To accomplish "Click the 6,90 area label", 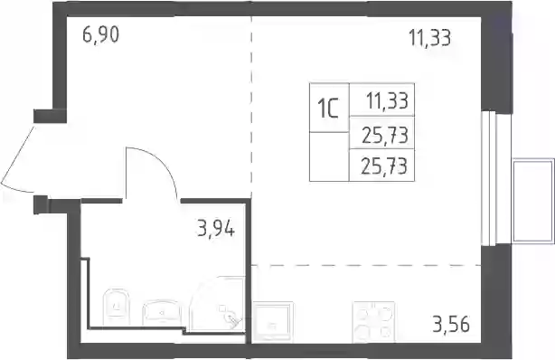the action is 101,35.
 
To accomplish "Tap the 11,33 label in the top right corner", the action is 430,38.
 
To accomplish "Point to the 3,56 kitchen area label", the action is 451,324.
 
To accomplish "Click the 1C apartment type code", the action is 328,108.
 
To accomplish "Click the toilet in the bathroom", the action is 116,308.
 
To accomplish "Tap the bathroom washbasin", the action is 162,313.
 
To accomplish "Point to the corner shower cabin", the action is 217,304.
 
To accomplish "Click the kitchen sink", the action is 273,322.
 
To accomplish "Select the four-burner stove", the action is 374,322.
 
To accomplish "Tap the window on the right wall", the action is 489,178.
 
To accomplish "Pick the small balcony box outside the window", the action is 533,201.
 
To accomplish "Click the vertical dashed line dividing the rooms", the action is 251,107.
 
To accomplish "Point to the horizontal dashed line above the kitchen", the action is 366,265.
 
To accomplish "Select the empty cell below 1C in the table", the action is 329,156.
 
